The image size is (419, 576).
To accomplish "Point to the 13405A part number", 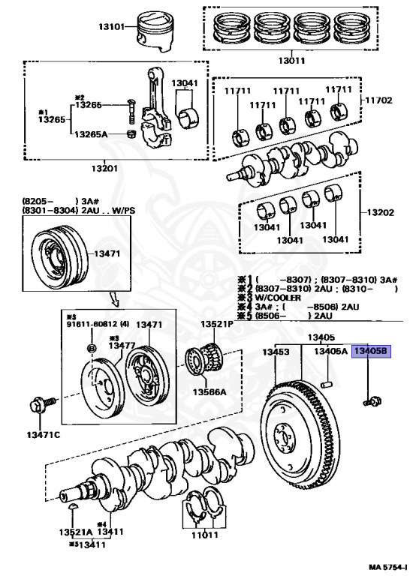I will (330, 351).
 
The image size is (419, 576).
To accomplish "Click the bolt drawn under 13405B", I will (369, 402).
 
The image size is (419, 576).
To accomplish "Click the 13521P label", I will (216, 324).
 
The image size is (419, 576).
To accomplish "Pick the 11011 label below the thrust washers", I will (200, 535).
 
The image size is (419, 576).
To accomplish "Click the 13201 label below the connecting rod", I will (106, 168).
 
